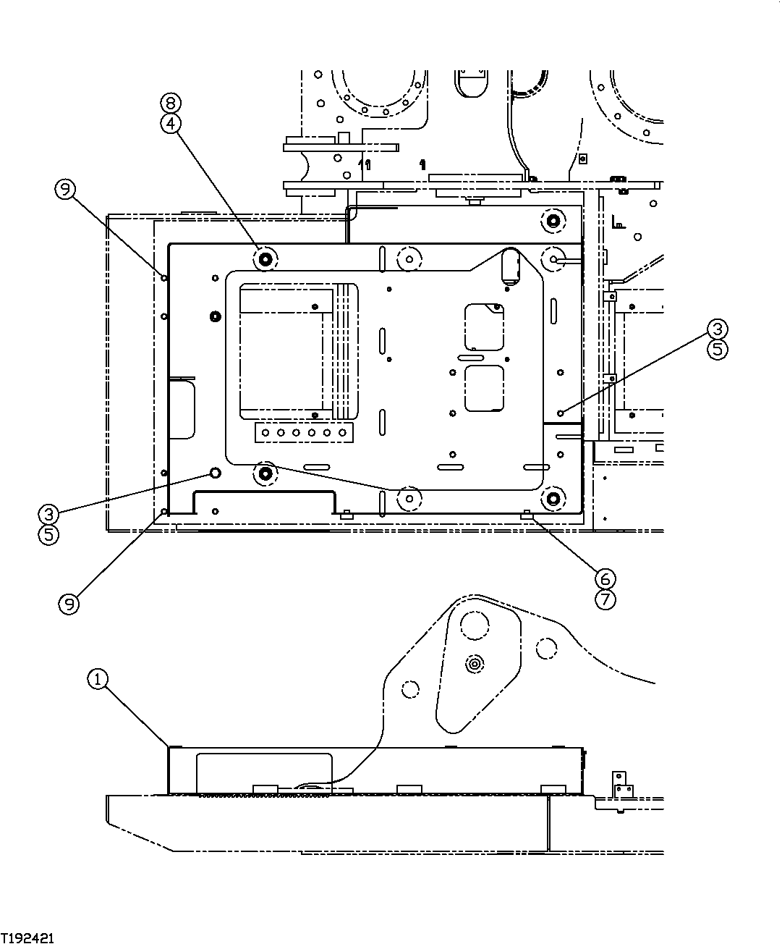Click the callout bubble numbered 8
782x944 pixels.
(170, 103)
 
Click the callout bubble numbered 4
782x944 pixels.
(170, 124)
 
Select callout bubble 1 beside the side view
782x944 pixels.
(98, 679)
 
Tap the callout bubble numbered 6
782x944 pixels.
(605, 578)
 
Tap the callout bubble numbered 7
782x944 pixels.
(605, 599)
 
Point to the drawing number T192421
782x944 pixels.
(27, 937)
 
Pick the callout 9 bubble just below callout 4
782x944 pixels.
(64, 190)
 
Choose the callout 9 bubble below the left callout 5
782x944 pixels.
(68, 604)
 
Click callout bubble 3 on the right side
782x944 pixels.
(715, 329)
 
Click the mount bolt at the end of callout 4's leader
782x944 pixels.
(264, 257)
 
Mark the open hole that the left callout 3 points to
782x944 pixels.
(215, 473)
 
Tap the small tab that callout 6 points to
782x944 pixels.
(527, 515)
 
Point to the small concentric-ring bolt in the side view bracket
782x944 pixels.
(475, 663)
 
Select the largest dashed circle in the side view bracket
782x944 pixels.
(475, 625)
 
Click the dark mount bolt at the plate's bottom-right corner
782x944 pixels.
(554, 498)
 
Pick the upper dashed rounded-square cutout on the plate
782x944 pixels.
(484, 327)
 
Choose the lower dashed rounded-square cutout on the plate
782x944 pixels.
(484, 389)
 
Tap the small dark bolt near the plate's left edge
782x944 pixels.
(214, 316)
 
